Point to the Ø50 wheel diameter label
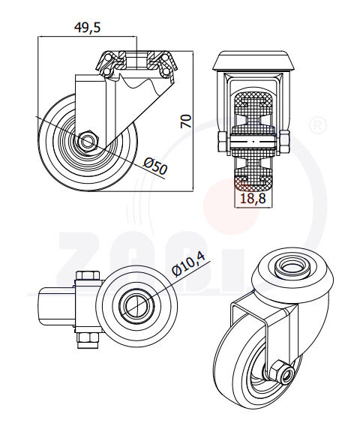tap(154, 166)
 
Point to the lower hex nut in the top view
tap(87, 340)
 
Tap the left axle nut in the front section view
tap(221, 142)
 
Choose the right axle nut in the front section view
tap(284, 142)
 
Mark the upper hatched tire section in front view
tap(253, 105)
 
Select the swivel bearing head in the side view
tap(135, 61)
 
